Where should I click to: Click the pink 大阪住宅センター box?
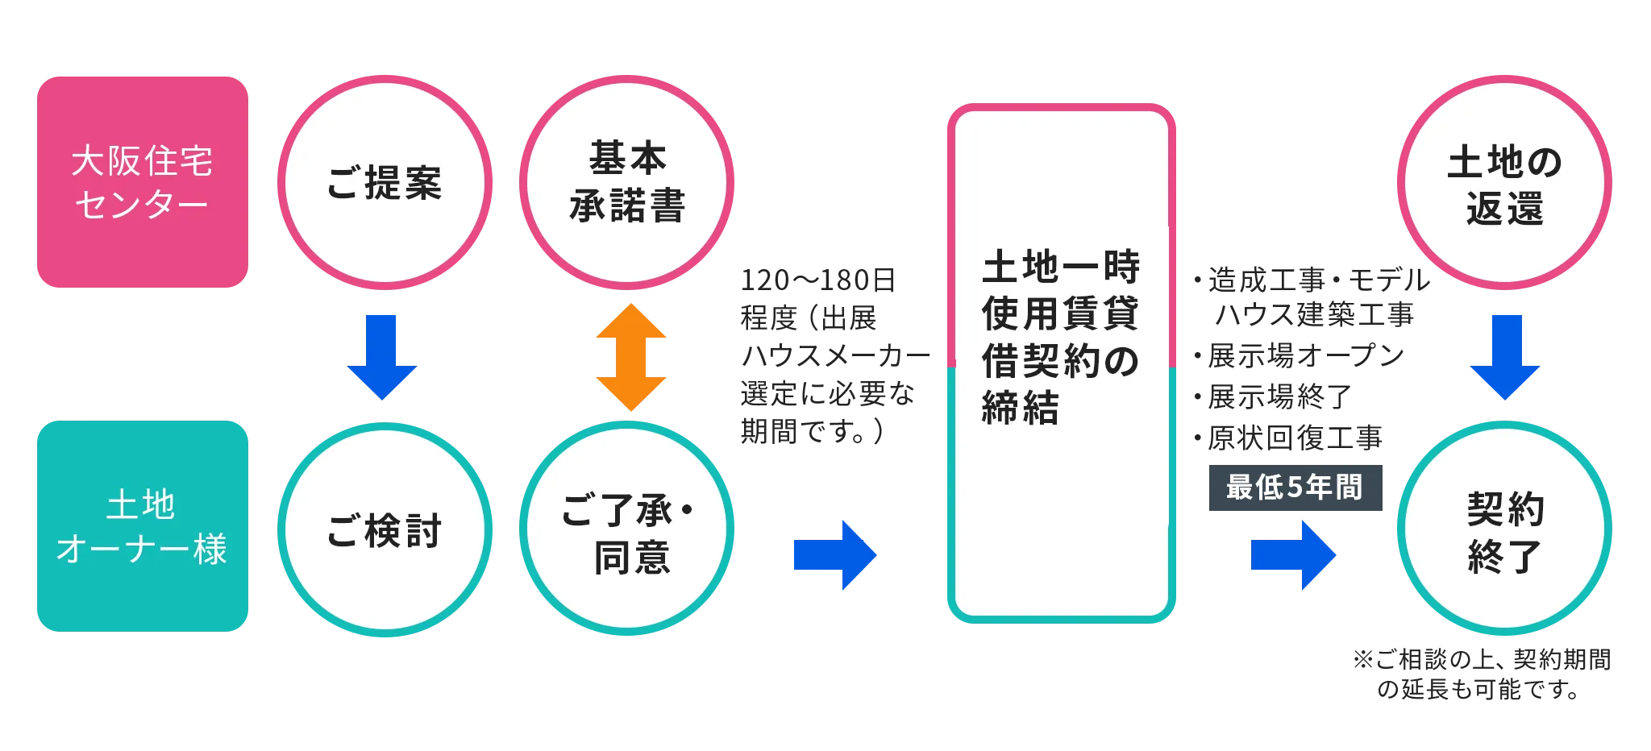pyautogui.click(x=142, y=182)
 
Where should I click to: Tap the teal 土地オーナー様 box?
pyautogui.click(x=142, y=525)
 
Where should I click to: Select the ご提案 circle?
pyautogui.click(x=385, y=182)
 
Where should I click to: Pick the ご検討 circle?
pyautogui.click(x=385, y=529)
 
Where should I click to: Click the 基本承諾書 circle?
pyautogui.click(x=626, y=182)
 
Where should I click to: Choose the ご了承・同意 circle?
pyautogui.click(x=626, y=529)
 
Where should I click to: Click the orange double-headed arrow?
pyautogui.click(x=632, y=357)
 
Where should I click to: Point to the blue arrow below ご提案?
pyautogui.click(x=382, y=355)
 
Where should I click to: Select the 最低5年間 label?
pyautogui.click(x=1295, y=488)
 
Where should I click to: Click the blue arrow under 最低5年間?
pyautogui.click(x=1293, y=555)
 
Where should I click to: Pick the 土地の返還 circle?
pyautogui.click(x=1503, y=182)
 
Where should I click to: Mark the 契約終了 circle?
pyautogui.click(x=1503, y=529)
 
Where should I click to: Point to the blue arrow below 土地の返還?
pyautogui.click(x=1504, y=355)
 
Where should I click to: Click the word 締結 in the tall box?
pyautogui.click(x=1020, y=408)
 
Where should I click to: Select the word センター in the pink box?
pyautogui.click(x=142, y=205)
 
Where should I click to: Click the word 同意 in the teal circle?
pyautogui.click(x=632, y=558)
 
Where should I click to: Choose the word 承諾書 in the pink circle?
pyautogui.click(x=627, y=206)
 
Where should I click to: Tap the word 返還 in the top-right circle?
pyautogui.click(x=1504, y=209)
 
